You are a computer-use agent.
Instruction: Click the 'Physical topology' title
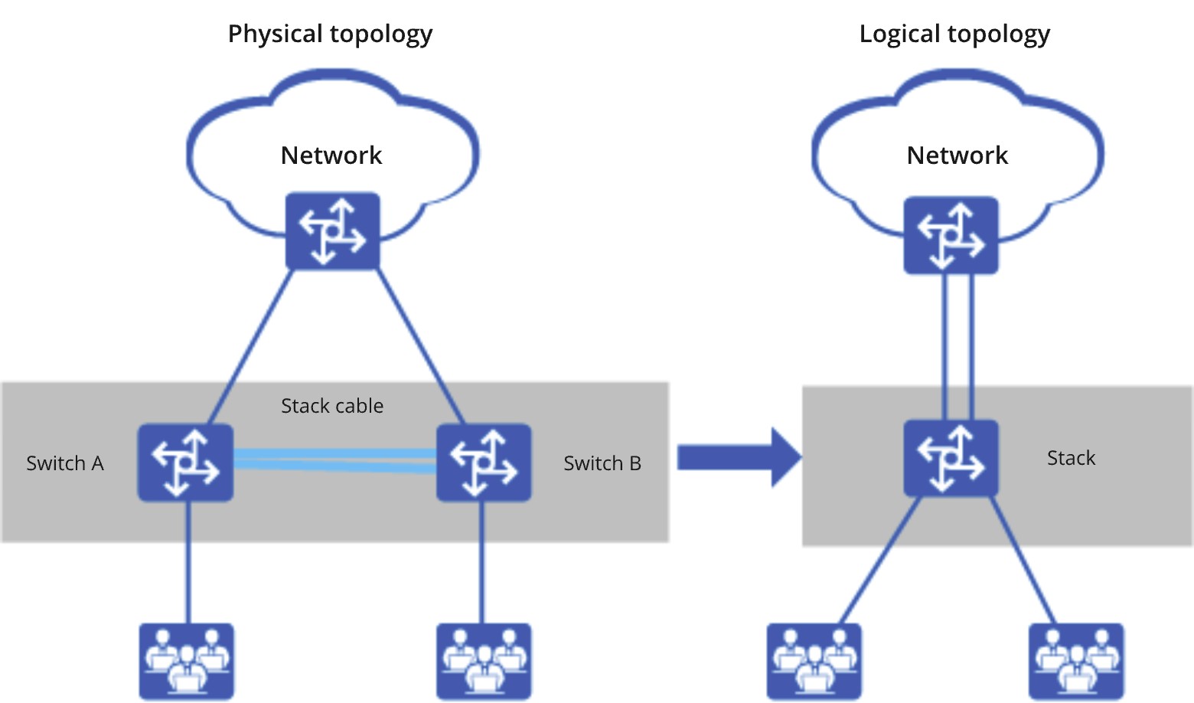click(x=330, y=34)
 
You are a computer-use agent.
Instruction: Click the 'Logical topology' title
click(x=954, y=34)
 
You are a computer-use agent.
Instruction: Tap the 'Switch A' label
click(x=65, y=463)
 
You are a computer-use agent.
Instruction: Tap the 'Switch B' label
click(x=602, y=463)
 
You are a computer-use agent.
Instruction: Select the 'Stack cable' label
click(x=332, y=406)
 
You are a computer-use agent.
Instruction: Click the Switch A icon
click(x=185, y=463)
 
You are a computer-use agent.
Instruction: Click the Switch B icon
click(x=484, y=463)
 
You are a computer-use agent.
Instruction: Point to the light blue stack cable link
click(x=334, y=460)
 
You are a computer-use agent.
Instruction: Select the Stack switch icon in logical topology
click(x=951, y=458)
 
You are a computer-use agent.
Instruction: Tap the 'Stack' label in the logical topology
click(x=1071, y=458)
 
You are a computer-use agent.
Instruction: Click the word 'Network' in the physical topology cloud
click(x=331, y=155)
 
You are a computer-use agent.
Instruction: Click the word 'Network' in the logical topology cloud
click(x=957, y=155)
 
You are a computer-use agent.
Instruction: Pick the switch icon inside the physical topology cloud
click(x=332, y=231)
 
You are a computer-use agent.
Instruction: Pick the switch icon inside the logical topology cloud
click(x=951, y=235)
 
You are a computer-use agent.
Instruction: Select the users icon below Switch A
click(x=186, y=661)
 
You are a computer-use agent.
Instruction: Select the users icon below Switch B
click(x=484, y=661)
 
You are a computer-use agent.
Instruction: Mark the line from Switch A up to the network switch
click(x=251, y=346)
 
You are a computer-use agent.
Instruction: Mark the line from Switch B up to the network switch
click(x=422, y=346)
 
